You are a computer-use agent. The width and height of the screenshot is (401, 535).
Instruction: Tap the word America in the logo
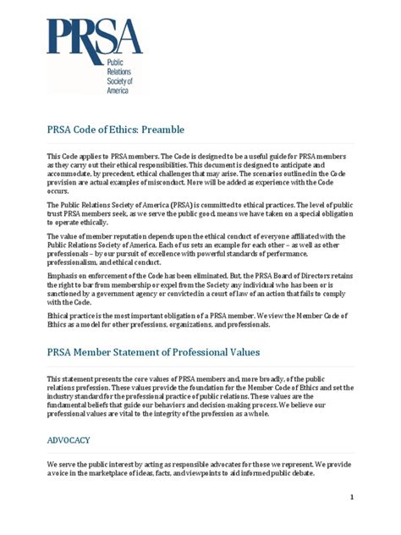[x=117, y=89]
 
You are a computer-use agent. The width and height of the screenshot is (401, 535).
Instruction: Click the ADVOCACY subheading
[x=69, y=440]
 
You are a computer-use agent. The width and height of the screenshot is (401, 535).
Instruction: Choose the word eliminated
[x=204, y=275]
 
